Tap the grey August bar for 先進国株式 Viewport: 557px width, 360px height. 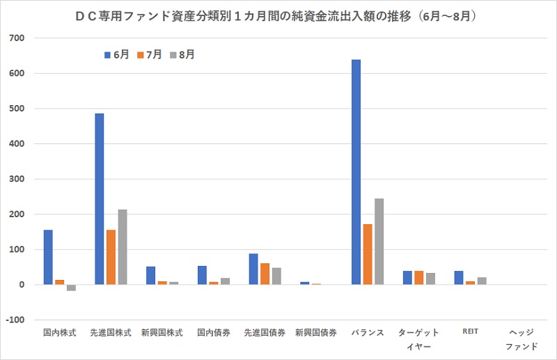(x=123, y=247)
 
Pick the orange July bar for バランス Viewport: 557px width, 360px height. (x=368, y=254)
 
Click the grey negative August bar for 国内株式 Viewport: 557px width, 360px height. (x=71, y=288)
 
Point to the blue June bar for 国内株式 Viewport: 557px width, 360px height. (x=48, y=257)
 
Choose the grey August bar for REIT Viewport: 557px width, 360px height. (x=482, y=281)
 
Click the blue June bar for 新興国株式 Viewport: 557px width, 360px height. (x=150, y=276)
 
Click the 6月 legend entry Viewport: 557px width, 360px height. (x=116, y=54)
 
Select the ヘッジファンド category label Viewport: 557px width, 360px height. (x=521, y=338)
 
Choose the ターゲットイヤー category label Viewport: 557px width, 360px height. (x=418, y=338)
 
